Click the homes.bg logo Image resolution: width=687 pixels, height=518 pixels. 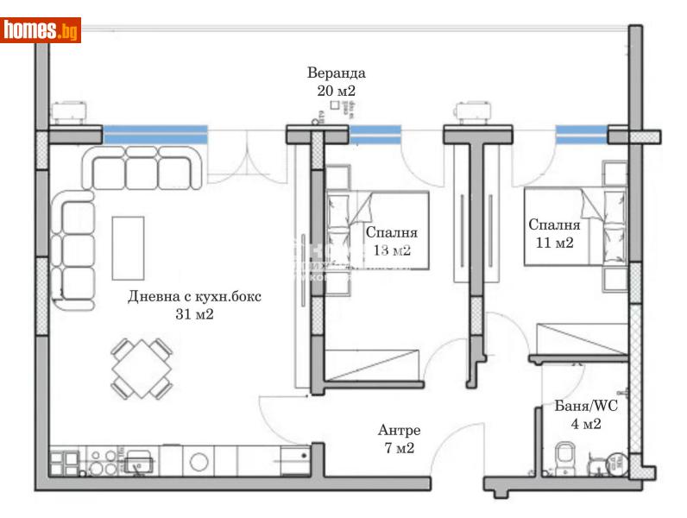41,30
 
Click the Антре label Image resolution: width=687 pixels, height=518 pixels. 399,430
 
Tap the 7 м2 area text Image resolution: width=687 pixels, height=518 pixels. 399,448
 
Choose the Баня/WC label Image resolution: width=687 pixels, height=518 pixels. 586,405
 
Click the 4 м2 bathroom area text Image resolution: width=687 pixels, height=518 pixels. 586,423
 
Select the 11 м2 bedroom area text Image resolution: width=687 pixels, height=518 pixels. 553,243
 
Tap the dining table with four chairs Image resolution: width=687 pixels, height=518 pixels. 141,368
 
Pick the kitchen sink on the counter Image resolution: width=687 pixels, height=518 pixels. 137,464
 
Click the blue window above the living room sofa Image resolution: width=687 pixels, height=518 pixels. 155,134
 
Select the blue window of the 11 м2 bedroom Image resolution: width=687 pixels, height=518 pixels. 581,134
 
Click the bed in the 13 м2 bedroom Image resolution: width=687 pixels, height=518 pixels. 377,230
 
